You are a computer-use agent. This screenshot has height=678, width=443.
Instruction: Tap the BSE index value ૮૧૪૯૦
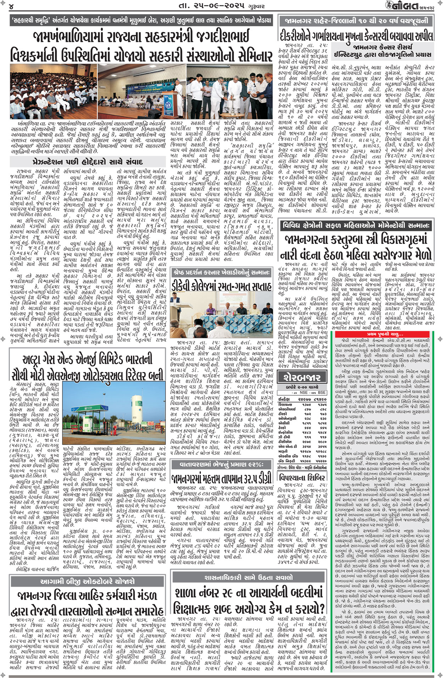pos(320,399)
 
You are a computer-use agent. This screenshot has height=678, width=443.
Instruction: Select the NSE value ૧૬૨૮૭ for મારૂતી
pos(305,451)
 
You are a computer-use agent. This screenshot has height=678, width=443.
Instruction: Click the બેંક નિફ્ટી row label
pos(286,461)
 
